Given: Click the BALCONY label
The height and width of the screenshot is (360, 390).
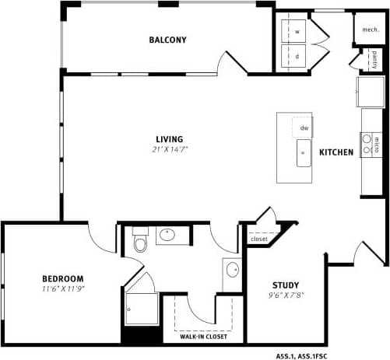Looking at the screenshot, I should [x=168, y=40].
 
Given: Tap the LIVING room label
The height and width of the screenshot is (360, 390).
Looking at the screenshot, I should [x=169, y=139].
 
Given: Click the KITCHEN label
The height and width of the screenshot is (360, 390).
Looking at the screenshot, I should [x=336, y=152].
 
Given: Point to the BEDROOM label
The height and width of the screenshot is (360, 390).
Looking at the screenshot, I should [x=63, y=278].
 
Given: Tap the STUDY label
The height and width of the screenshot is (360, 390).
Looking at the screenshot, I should [x=286, y=285].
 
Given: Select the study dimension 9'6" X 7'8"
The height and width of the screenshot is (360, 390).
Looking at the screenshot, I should [x=286, y=295].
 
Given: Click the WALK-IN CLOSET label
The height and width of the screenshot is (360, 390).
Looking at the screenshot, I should [x=204, y=337].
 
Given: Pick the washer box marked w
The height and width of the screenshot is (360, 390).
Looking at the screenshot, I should [x=297, y=33].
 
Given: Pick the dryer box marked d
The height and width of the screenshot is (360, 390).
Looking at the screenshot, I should [x=297, y=56].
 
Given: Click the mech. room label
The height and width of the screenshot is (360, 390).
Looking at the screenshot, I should [x=369, y=29].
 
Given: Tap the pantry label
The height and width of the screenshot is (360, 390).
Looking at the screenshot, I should [x=374, y=58].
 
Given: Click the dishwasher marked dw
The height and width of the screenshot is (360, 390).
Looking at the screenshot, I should [x=304, y=128].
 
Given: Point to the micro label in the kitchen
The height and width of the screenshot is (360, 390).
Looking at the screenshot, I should [x=377, y=144].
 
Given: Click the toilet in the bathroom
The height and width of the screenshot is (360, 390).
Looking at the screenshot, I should [x=140, y=243].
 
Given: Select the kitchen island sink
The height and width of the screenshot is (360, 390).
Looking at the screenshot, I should [x=303, y=153].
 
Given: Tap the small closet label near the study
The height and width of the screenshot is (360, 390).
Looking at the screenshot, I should [x=258, y=239].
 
